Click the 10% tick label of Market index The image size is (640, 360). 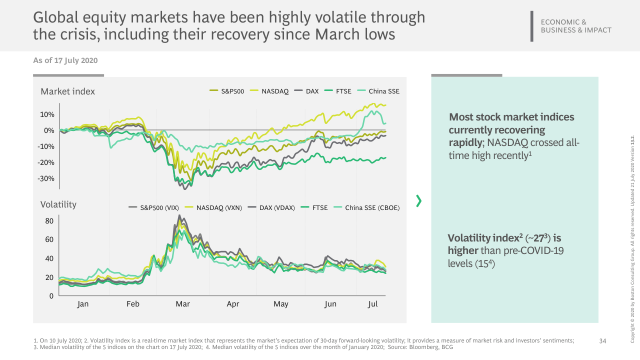[x=47, y=114]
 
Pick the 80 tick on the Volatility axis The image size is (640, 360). [x=49, y=220]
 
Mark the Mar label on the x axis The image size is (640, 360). [x=183, y=304]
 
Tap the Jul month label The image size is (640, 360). [x=372, y=304]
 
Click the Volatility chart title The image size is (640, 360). [x=58, y=204]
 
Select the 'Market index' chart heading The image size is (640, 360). [x=67, y=91]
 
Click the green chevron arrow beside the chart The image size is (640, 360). [x=418, y=201]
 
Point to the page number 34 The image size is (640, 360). [x=602, y=341]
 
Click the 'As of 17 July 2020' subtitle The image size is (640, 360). [x=65, y=60]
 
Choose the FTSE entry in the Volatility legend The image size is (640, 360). [x=320, y=207]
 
